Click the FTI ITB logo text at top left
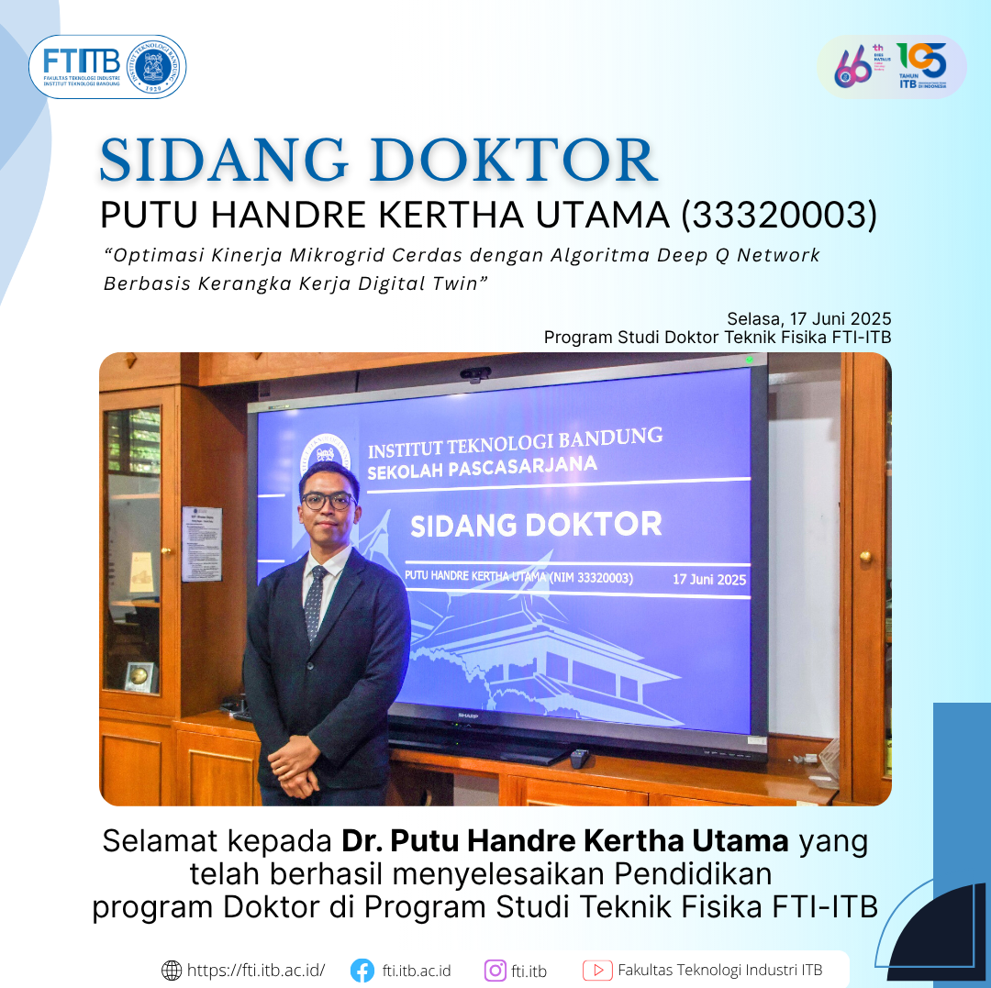point(81,62)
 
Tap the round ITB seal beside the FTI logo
point(158,67)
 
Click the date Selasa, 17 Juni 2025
point(808,319)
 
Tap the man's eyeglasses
point(328,501)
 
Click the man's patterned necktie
point(315,601)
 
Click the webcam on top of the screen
point(475,373)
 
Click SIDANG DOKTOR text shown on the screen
point(536,526)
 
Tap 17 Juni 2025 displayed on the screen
point(708,580)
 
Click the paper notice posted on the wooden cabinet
point(201,544)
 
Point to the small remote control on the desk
point(580,758)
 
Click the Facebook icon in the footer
point(362,970)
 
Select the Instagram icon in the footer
point(495,970)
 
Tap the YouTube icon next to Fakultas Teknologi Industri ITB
point(597,970)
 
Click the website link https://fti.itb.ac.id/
point(255,970)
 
